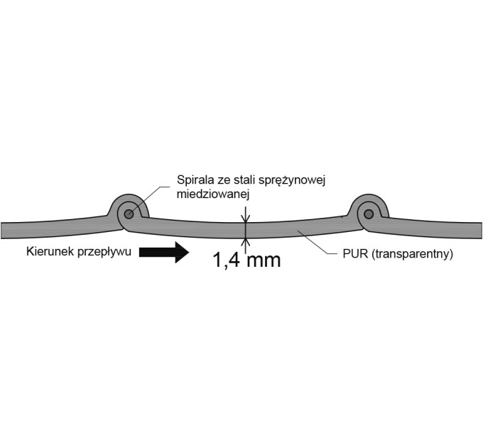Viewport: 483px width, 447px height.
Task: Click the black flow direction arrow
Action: (163, 252)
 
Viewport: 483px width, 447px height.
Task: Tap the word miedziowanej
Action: (213, 194)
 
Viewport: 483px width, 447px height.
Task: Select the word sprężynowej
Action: (292, 181)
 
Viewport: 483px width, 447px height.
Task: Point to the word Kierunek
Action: (50, 251)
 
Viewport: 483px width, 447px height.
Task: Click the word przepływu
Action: (104, 253)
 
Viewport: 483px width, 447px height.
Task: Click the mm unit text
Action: (264, 261)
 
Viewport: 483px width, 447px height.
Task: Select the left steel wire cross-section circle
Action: (129, 214)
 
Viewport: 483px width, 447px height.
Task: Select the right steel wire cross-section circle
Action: (369, 214)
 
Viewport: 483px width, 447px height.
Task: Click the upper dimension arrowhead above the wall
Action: (245, 219)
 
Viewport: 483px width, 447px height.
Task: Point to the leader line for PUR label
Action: (317, 243)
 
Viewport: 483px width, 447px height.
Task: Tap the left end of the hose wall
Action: (1, 230)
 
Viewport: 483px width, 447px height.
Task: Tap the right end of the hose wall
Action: (481, 230)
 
